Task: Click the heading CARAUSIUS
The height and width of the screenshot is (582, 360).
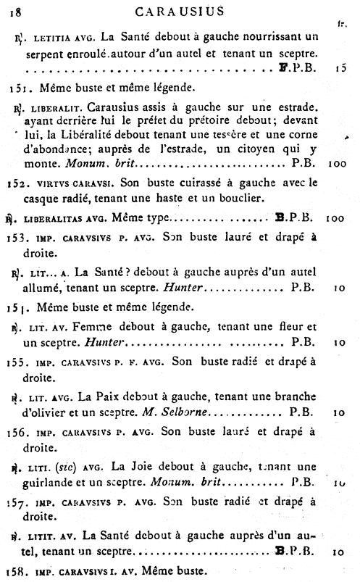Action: tap(183, 10)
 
